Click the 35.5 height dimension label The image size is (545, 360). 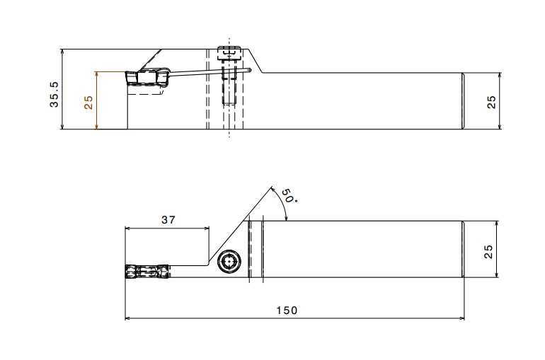(54, 95)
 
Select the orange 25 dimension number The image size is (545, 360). (88, 103)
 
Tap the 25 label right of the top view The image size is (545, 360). (491, 102)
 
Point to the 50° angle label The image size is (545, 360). (289, 195)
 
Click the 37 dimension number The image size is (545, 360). (168, 220)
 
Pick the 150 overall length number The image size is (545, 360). (287, 310)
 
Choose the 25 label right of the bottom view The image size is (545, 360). (488, 251)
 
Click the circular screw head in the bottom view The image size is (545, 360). (229, 262)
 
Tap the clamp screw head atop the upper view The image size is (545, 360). (229, 53)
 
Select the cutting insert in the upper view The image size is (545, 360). (147, 78)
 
